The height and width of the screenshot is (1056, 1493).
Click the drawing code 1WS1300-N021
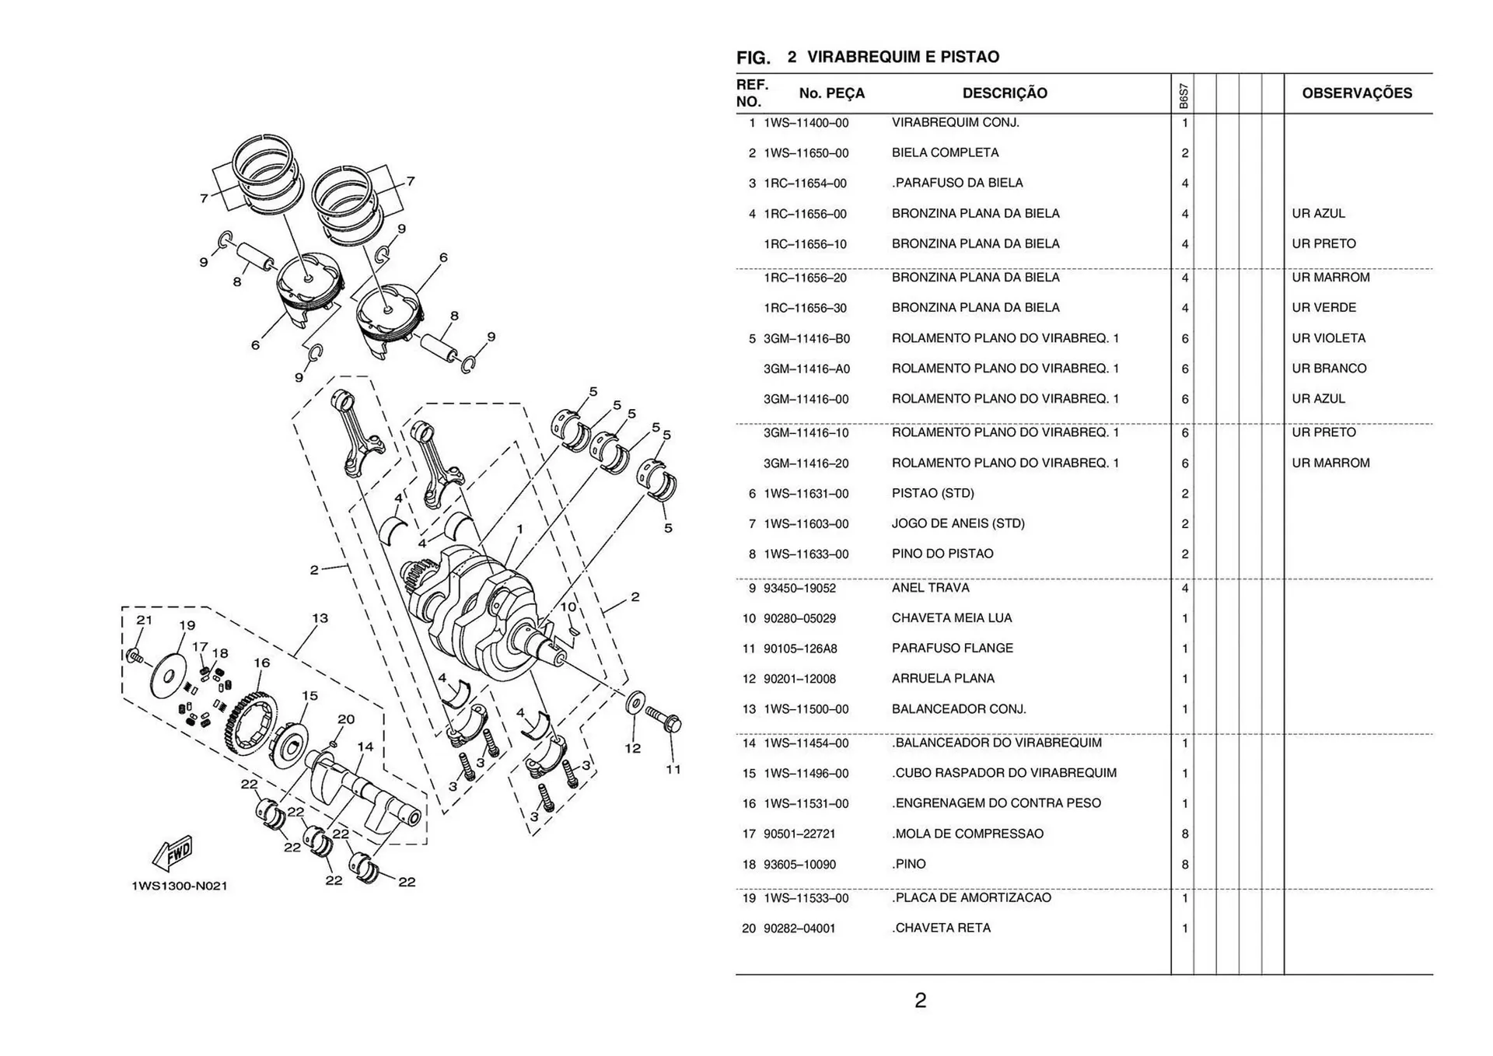pyautogui.click(x=180, y=886)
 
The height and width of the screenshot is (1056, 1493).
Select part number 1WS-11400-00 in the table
pyautogui.click(x=806, y=123)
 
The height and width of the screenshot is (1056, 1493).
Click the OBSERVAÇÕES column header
pyautogui.click(x=1356, y=93)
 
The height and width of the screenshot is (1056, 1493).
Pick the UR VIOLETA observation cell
pyautogui.click(x=1328, y=338)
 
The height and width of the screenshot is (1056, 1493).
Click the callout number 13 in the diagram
pyautogui.click(x=320, y=619)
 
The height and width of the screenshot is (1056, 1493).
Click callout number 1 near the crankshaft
pyautogui.click(x=519, y=530)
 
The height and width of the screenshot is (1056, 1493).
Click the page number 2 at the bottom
pyautogui.click(x=920, y=1000)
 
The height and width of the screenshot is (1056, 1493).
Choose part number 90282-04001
pyautogui.click(x=799, y=928)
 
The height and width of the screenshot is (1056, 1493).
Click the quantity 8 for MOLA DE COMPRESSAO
pyautogui.click(x=1184, y=834)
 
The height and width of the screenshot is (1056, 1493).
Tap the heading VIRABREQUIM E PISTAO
pyautogui.click(x=903, y=57)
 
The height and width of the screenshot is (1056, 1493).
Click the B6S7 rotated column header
pyautogui.click(x=1183, y=96)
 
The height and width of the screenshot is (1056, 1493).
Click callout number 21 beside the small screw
pyautogui.click(x=144, y=621)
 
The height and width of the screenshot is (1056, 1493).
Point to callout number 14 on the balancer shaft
pyautogui.click(x=365, y=747)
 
